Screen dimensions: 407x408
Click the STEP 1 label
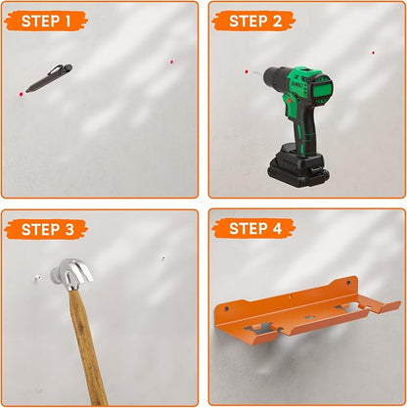point(46,22)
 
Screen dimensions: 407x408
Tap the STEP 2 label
point(255,22)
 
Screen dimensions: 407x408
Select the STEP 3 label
point(48,229)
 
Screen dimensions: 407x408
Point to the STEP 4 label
point(255,228)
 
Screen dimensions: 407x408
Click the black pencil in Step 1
point(49,78)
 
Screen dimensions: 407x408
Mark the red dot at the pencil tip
point(22,94)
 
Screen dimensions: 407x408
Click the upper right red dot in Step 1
point(171,62)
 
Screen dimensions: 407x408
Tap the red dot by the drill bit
point(247,71)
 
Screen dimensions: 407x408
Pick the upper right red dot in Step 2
point(373,53)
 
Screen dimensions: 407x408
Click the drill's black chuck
point(275,78)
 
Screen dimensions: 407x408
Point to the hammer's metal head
point(71,274)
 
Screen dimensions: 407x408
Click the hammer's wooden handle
point(87,347)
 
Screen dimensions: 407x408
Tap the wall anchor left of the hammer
point(38,278)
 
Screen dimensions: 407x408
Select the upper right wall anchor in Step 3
point(162,258)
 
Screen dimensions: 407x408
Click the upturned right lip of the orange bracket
point(388,306)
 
